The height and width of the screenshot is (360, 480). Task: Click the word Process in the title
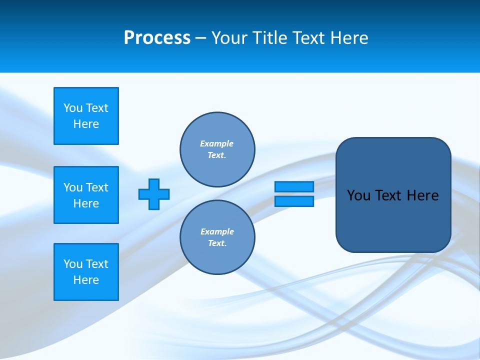point(157,38)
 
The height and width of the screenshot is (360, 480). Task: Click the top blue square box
point(86,116)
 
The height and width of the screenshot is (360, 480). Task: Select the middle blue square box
point(86,195)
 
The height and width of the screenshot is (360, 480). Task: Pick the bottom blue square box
point(86,272)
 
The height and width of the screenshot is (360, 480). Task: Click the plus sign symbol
point(154,194)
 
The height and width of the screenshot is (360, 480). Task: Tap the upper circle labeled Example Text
point(217,149)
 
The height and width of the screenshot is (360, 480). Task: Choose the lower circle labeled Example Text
point(217,237)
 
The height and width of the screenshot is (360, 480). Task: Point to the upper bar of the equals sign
point(294,187)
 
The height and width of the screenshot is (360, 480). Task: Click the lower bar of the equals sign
point(294,201)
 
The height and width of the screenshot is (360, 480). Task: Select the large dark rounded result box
point(393,220)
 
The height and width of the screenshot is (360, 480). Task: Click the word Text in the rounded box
point(388,195)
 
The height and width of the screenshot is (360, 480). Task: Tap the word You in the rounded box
point(358,195)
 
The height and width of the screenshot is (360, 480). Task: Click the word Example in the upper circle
point(217,143)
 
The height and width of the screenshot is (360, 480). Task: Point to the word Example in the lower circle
point(217,231)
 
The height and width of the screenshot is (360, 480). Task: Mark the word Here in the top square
point(86,124)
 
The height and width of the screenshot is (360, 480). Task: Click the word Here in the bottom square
point(86,280)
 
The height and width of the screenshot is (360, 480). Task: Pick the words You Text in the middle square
point(86,187)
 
